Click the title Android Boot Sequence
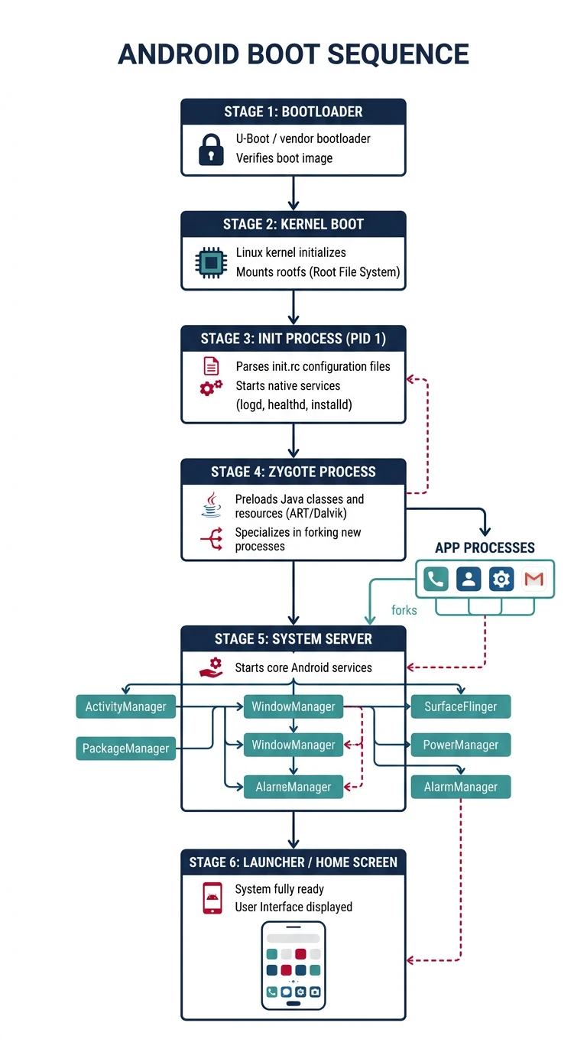293,54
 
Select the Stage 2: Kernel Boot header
293,224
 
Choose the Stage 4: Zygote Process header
293,472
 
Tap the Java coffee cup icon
211,505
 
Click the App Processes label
485,547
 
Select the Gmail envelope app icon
533,580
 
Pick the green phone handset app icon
436,580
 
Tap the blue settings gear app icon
501,580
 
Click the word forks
404,610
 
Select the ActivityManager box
125,706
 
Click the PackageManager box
125,748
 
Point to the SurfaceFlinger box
461,706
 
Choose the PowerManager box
461,745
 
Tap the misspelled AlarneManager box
293,787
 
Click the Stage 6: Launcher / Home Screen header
293,862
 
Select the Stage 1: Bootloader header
293,112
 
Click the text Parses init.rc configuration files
313,366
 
